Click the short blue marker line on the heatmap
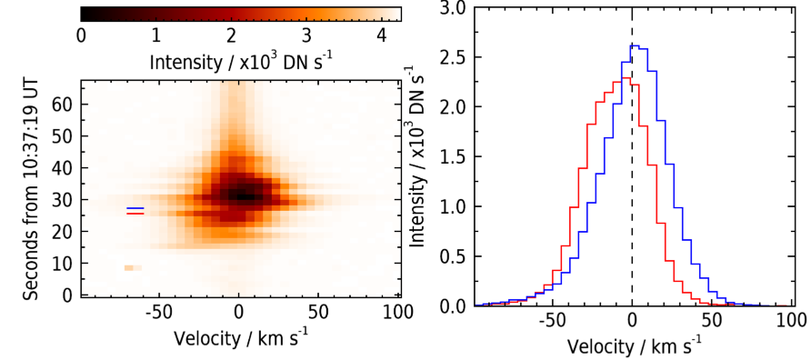pyautogui.click(x=135, y=208)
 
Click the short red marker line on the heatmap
pyautogui.click(x=135, y=213)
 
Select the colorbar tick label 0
pyautogui.click(x=81, y=36)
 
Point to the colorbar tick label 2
pyautogui.click(x=231, y=36)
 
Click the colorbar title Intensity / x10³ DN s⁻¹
pyautogui.click(x=241, y=61)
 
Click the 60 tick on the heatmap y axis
pyautogui.click(x=63, y=105)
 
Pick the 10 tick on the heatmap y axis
pyautogui.click(x=63, y=264)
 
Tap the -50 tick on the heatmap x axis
pyautogui.click(x=159, y=313)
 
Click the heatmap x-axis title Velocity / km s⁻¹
pyautogui.click(x=242, y=339)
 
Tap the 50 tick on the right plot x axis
pyautogui.click(x=711, y=317)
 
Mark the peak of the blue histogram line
pyautogui.click(x=636, y=45)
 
